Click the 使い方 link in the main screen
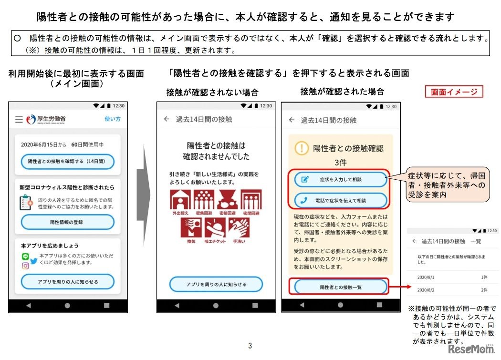click(113, 119)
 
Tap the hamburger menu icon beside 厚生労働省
click(19, 119)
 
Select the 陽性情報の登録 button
click(67, 222)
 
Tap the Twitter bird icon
click(34, 261)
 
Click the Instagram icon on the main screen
click(25, 266)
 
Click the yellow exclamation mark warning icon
click(302, 148)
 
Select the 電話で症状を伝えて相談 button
click(340, 200)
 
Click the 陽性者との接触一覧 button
click(340, 287)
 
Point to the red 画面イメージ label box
click(454, 92)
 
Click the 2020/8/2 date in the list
click(426, 289)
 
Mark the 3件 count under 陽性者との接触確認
click(341, 162)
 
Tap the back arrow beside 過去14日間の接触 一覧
click(414, 241)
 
